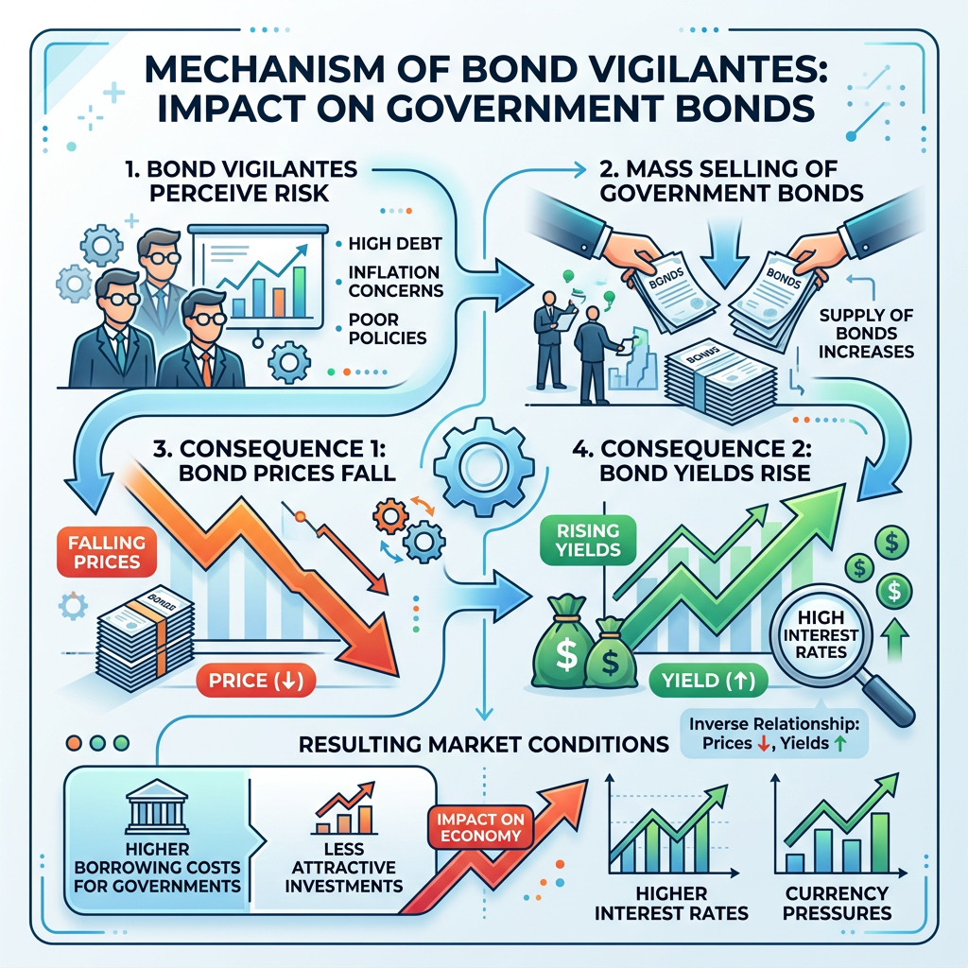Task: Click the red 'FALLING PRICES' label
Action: [x=106, y=552]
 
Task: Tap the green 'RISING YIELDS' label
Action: [x=587, y=539]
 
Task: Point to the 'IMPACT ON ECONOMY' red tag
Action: [x=478, y=826]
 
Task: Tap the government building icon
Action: [x=153, y=814]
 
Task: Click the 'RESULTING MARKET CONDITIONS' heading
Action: [x=484, y=745]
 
